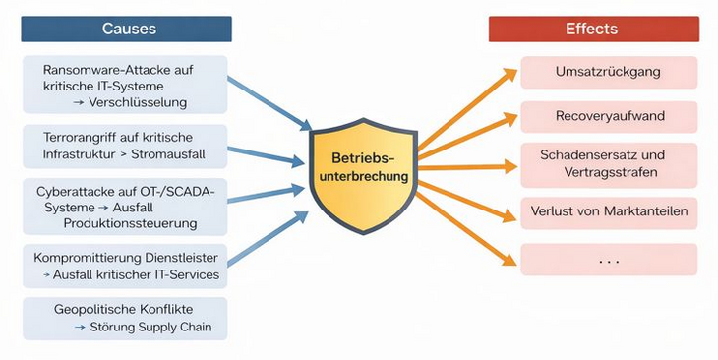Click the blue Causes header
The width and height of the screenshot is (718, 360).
click(127, 29)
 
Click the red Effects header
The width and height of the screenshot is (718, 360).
click(592, 29)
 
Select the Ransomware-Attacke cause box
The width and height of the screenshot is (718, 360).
click(125, 85)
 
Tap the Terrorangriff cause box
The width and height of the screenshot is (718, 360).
click(125, 145)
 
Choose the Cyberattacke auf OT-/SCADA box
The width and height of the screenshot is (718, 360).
click(125, 206)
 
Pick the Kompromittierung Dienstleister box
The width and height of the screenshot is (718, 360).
click(125, 266)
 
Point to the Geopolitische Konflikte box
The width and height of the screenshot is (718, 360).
click(125, 319)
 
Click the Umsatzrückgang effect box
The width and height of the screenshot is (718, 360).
click(609, 72)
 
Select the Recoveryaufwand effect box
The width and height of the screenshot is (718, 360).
click(609, 116)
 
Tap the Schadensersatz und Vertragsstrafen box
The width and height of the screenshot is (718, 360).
click(609, 164)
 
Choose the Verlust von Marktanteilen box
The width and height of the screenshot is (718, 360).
click(609, 211)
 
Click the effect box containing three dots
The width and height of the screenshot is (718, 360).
click(609, 260)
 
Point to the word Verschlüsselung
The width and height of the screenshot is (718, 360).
click(138, 101)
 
